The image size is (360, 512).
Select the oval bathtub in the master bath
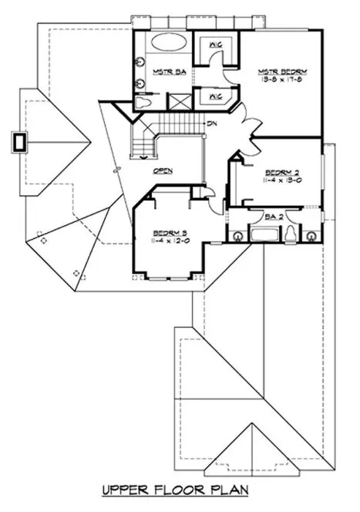coord(164,44)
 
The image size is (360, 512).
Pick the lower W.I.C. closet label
coord(215,97)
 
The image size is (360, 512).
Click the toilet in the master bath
coord(146,101)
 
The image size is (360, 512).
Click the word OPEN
coord(163,171)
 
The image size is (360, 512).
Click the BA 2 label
coord(274,217)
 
